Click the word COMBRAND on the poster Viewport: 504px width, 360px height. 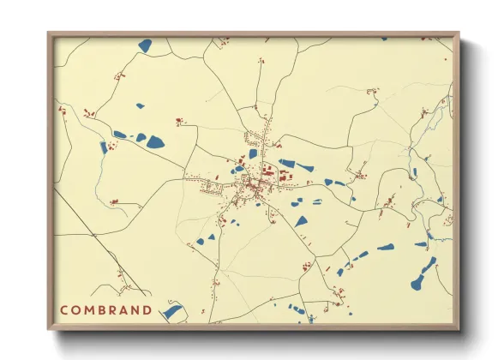pos(106,309)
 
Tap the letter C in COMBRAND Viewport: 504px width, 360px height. pos(64,309)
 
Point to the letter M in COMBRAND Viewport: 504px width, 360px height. pos(89,309)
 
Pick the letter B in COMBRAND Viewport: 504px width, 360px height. pos(102,309)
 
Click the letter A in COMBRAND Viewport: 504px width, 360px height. pos(125,309)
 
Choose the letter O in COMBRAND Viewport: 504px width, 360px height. pos(76,309)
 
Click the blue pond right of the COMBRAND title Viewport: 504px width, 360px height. pos(173,312)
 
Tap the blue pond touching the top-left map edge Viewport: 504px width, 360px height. pos(144,45)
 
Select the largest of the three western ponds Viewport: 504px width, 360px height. pos(155,141)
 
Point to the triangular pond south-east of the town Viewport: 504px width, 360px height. pos(301,221)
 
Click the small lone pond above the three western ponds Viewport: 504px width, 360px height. pos(139,107)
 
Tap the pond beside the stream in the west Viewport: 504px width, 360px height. pos(104,147)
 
